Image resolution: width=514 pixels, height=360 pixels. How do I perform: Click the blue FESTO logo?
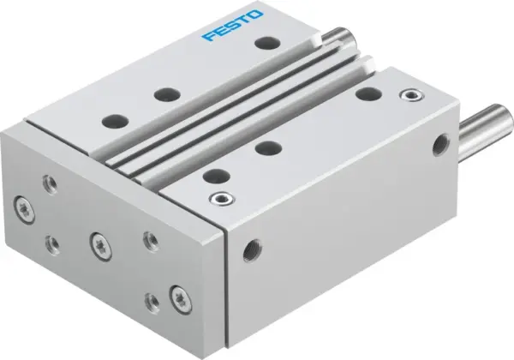click(234, 26)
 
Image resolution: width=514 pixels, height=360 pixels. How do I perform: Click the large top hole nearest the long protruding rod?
click(368, 93)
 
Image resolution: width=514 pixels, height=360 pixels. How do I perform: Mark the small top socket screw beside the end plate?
click(224, 199)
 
